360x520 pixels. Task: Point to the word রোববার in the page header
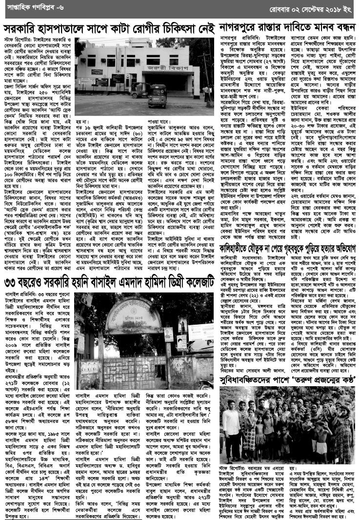(x=264, y=8)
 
